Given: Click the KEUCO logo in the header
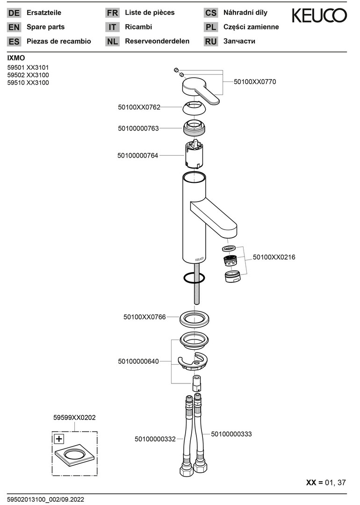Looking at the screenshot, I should click(x=320, y=16).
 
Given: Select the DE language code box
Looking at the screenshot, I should click(x=14, y=13).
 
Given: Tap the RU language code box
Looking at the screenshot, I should click(x=211, y=42).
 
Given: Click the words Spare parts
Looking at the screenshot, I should click(x=46, y=27).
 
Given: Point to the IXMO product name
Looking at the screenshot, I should click(x=16, y=58).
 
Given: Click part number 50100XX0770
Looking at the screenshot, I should click(x=255, y=82).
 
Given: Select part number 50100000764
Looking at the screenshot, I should click(x=138, y=155).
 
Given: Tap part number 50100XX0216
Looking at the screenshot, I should click(x=274, y=257).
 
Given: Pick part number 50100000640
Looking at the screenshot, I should click(x=138, y=361).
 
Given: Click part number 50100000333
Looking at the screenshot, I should click(x=231, y=434).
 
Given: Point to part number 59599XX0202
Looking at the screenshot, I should click(x=74, y=418).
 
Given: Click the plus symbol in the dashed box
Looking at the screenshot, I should click(x=58, y=439).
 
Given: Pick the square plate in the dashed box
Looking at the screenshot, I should click(x=74, y=455).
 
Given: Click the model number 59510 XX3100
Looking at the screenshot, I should click(x=28, y=83).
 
